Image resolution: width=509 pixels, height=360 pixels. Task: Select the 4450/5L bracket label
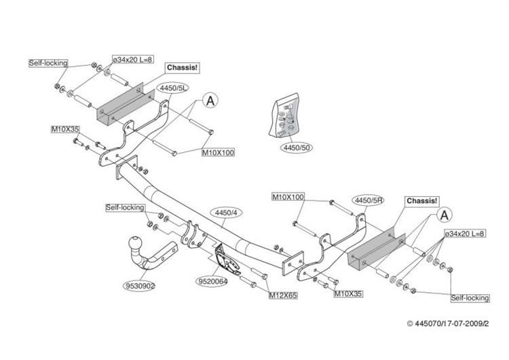click(x=173, y=88)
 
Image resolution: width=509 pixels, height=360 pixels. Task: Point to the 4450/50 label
click(x=297, y=147)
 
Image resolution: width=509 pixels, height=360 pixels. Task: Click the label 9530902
click(x=139, y=285)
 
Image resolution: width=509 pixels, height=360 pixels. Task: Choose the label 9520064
click(x=213, y=281)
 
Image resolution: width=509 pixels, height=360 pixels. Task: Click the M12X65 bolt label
click(x=283, y=295)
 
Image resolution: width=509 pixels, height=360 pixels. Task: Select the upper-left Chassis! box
click(x=182, y=68)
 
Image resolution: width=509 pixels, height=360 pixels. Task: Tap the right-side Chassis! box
click(x=422, y=201)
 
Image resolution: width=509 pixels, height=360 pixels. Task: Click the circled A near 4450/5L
click(x=210, y=101)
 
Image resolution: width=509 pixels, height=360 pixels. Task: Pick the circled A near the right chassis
click(x=445, y=215)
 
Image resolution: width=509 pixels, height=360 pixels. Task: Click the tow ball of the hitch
click(x=135, y=242)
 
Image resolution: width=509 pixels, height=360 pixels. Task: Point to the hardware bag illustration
click(x=285, y=115)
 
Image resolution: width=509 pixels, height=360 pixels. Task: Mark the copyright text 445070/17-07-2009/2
click(x=448, y=323)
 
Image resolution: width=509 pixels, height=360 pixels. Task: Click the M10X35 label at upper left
click(x=65, y=129)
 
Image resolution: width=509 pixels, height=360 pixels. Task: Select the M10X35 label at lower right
click(x=349, y=293)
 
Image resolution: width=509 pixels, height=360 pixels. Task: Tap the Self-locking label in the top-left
click(x=48, y=63)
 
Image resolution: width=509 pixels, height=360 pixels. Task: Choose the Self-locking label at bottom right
click(x=470, y=298)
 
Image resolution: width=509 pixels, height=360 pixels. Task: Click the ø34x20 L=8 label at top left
click(x=132, y=60)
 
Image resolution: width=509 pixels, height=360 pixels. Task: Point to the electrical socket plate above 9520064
click(x=226, y=259)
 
